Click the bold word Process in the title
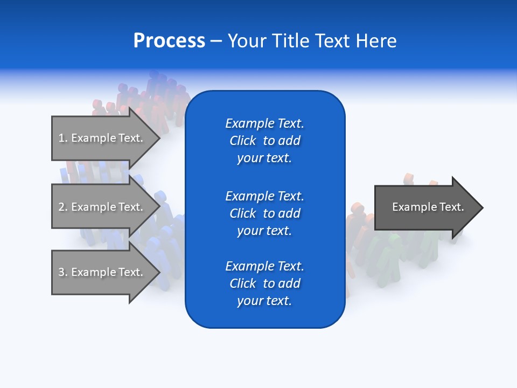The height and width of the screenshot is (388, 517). (x=169, y=41)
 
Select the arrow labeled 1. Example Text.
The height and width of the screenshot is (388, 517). (x=102, y=138)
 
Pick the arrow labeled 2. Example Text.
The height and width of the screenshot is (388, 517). (x=102, y=207)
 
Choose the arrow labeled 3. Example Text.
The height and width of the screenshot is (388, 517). (x=102, y=272)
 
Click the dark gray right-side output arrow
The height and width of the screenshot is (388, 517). (x=425, y=207)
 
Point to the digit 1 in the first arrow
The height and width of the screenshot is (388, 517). (x=61, y=138)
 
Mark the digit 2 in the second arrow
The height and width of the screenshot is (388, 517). (x=61, y=207)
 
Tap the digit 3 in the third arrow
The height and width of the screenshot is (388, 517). (x=61, y=272)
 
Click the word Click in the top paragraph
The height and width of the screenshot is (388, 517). (x=242, y=141)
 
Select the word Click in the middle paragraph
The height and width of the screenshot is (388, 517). (x=242, y=213)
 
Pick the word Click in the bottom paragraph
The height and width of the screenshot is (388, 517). (x=242, y=283)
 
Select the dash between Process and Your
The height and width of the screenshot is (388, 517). (x=216, y=41)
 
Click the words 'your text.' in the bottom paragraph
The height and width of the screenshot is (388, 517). (x=264, y=301)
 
